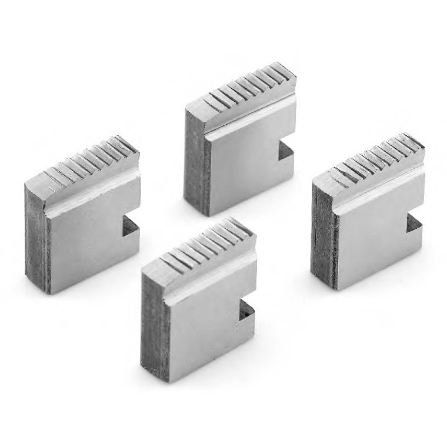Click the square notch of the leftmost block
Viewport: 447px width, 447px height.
[131, 226]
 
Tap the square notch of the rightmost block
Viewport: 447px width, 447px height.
[414, 225]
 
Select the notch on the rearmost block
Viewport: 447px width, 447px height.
[286, 152]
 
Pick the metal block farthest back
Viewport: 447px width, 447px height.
[241, 141]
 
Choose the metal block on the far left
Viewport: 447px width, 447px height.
[82, 218]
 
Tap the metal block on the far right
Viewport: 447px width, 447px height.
[368, 215]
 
